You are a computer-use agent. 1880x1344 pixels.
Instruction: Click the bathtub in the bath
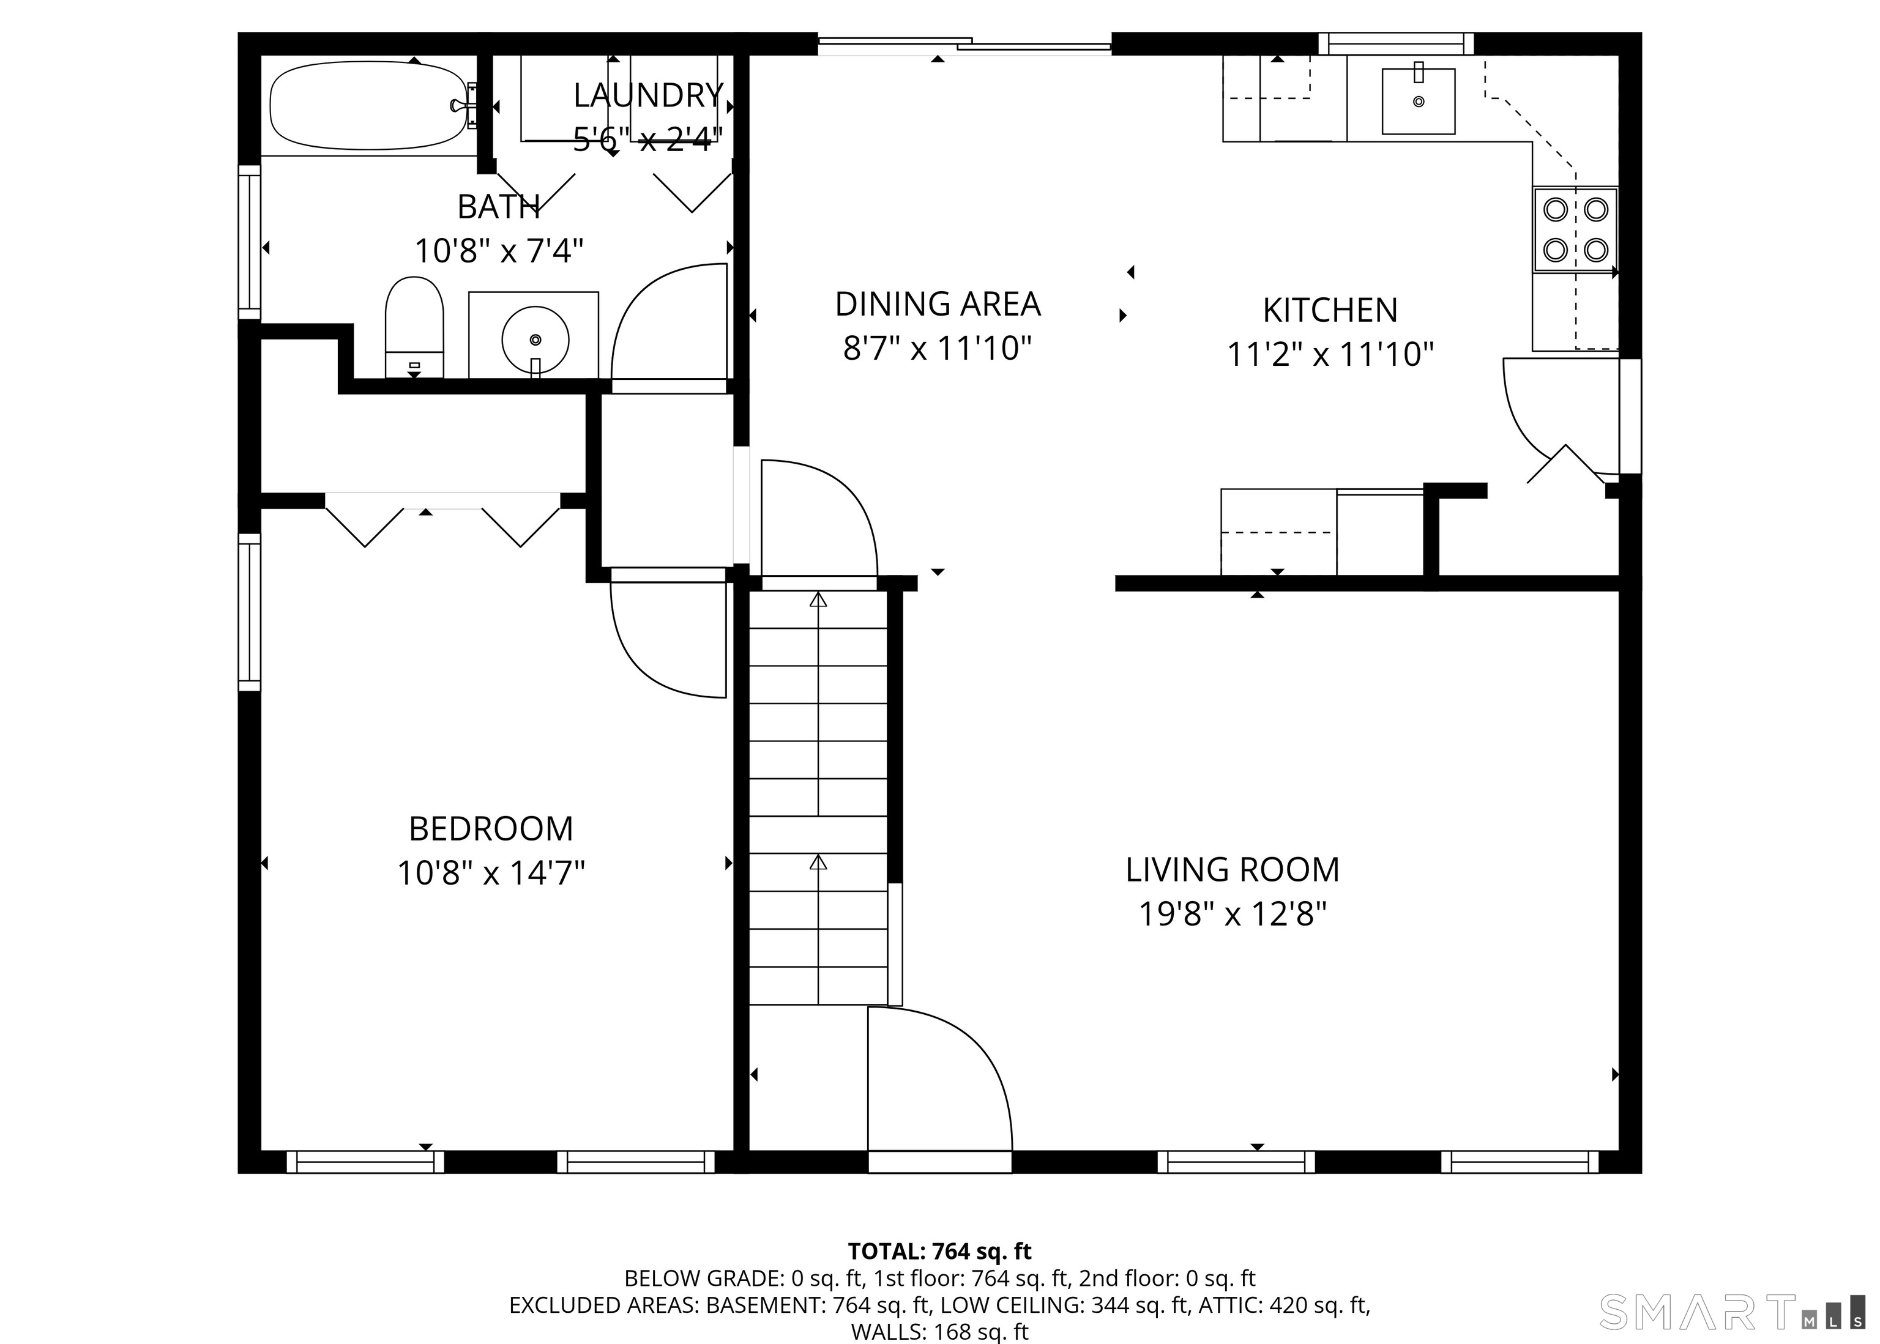(368, 105)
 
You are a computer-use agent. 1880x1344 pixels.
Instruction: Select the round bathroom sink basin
(535, 340)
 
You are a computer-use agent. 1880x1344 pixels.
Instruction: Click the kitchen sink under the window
(1418, 101)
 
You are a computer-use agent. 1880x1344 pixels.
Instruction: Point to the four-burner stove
(1575, 229)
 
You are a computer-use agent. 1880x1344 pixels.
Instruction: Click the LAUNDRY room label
(648, 96)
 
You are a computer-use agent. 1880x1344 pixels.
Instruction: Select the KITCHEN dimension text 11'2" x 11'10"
(1329, 354)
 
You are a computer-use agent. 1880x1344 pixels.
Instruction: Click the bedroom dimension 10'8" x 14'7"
(491, 873)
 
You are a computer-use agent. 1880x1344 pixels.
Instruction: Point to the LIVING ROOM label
(1232, 870)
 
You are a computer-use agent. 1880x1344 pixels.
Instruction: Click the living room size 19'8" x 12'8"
(1232, 915)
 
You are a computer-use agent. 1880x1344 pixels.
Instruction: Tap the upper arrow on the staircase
(818, 601)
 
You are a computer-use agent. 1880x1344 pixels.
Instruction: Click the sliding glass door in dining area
(964, 45)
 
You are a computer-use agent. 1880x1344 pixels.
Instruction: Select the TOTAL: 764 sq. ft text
(939, 1250)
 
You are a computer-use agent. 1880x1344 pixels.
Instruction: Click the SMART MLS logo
(1730, 1311)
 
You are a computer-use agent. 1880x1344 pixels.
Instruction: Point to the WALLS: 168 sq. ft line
(939, 1332)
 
